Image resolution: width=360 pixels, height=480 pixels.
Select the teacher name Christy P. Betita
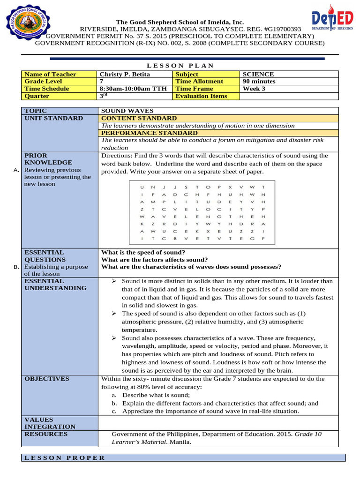(x=120, y=74)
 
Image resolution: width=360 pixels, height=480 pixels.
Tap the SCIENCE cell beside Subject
(x=258, y=74)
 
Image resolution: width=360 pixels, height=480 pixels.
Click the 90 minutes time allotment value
(x=259, y=81)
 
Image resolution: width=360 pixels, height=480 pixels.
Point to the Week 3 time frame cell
(x=254, y=89)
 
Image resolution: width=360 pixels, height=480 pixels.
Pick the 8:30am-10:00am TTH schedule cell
(x=134, y=89)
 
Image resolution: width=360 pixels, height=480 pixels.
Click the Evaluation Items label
(x=201, y=96)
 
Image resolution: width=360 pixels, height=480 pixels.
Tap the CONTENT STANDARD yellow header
(x=139, y=118)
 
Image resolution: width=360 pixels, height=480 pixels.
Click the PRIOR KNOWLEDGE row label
(x=42, y=159)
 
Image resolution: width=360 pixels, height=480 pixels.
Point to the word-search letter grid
(x=203, y=213)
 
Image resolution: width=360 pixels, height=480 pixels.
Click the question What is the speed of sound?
(x=140, y=252)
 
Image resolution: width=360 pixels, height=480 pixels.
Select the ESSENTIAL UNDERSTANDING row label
(x=55, y=285)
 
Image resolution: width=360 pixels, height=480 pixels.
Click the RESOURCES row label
(x=46, y=434)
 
